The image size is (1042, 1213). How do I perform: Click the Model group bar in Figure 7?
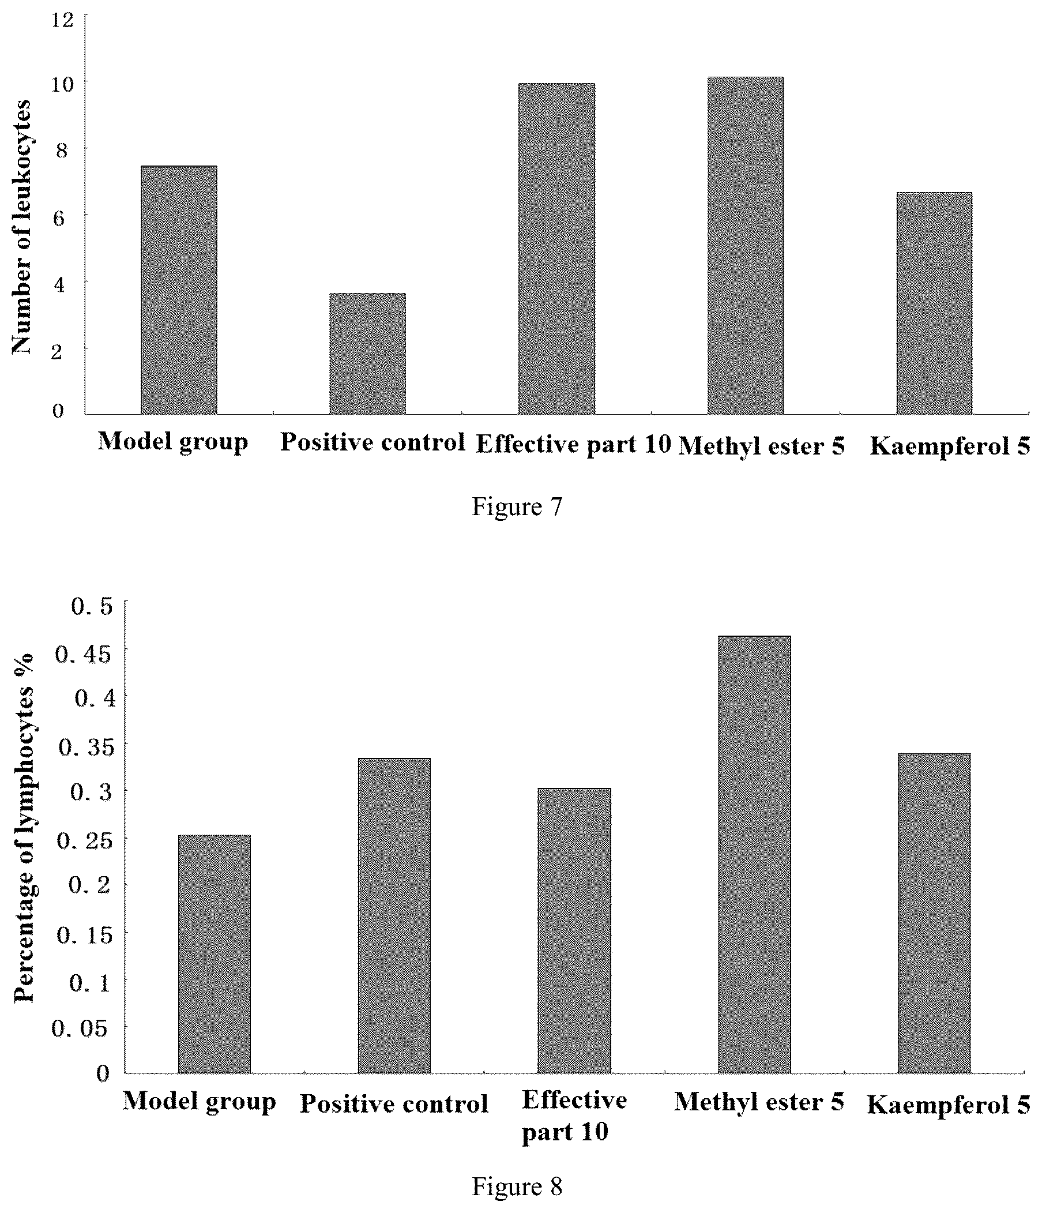179,290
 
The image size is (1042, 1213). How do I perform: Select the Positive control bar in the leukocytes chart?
367,354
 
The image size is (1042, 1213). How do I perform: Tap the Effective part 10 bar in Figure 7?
556,249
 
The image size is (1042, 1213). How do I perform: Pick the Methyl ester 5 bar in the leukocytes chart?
745,246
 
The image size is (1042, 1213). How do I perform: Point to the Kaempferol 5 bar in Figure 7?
934,303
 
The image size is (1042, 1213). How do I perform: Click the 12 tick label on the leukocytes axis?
65,20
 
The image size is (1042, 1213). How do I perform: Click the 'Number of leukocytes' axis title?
22,227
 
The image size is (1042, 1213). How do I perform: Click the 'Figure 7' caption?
517,506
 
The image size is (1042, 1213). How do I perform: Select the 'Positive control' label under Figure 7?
373,442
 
